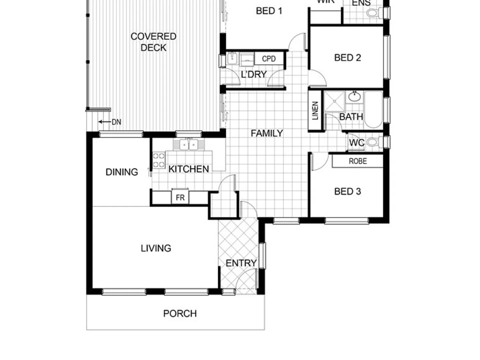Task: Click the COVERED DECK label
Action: click(x=153, y=42)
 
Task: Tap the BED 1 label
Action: click(x=269, y=11)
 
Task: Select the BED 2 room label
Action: click(x=347, y=58)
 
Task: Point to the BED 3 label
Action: click(x=347, y=191)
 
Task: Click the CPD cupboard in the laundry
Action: click(x=269, y=59)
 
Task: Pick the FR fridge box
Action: click(x=180, y=197)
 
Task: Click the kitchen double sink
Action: click(x=189, y=145)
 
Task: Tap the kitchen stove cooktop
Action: click(x=159, y=160)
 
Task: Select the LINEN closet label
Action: click(x=315, y=111)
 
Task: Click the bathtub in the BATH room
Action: click(x=373, y=110)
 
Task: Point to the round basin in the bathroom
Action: click(x=354, y=97)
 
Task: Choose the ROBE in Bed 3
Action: click(x=358, y=161)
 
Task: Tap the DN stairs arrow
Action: click(x=110, y=122)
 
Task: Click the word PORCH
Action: click(x=180, y=313)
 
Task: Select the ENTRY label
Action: click(x=241, y=263)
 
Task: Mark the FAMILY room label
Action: click(x=267, y=133)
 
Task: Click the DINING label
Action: click(x=122, y=172)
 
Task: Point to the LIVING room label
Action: click(x=156, y=248)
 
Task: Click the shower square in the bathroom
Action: click(x=334, y=101)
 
